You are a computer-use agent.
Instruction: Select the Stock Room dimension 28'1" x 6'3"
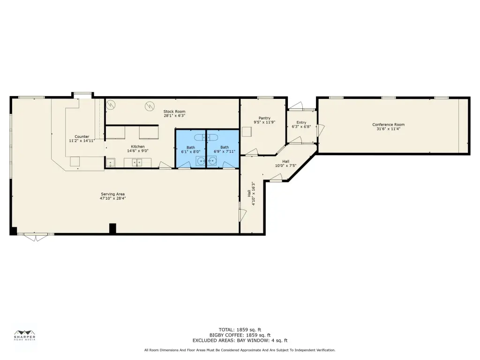pos(174,116)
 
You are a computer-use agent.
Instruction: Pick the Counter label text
pos(82,136)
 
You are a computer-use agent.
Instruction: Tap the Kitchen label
pos(138,146)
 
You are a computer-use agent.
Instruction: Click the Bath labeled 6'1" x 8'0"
pos(191,150)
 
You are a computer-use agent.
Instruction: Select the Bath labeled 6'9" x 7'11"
pos(225,149)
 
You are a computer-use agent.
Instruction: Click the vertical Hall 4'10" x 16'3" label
pos(251,194)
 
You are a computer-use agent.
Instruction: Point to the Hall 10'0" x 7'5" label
pos(285,164)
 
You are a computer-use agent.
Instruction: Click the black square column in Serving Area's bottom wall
pos(112,229)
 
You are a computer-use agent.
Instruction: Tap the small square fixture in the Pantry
pos(247,132)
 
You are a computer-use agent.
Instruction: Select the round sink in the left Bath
pos(201,160)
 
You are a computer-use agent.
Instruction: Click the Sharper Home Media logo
pos(24,335)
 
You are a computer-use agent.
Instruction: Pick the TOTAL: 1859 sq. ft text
pos(240,330)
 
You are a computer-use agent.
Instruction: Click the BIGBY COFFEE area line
pos(240,335)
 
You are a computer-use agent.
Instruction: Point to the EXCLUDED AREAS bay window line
pos(240,340)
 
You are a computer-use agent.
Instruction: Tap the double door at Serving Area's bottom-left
pos(36,236)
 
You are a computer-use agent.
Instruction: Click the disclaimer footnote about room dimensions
pos(240,350)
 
